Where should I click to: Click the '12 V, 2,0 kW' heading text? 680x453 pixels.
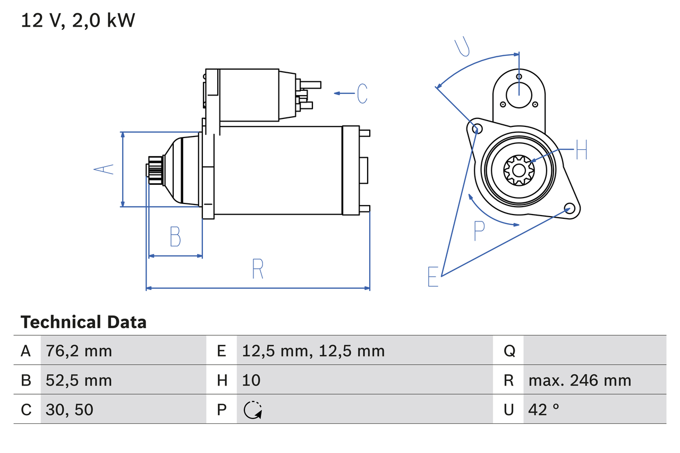pyautogui.click(x=78, y=21)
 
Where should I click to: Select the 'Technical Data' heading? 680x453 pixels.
pyautogui.click(x=83, y=322)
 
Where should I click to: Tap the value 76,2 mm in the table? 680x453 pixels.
pyautogui.click(x=79, y=351)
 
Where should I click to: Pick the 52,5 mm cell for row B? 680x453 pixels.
pyautogui.click(x=79, y=380)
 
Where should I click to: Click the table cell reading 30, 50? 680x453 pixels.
pyautogui.click(x=70, y=409)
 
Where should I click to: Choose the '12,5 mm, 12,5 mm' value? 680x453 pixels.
pyautogui.click(x=313, y=351)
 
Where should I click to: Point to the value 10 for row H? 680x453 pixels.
pyautogui.click(x=251, y=380)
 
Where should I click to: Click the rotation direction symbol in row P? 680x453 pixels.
pyautogui.click(x=253, y=410)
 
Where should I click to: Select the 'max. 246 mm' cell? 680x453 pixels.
pyautogui.click(x=580, y=380)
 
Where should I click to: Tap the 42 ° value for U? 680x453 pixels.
pyautogui.click(x=544, y=409)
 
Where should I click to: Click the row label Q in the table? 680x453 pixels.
pyautogui.click(x=509, y=351)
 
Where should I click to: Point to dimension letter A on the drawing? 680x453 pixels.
pyautogui.click(x=104, y=169)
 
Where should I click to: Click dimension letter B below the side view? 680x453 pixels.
pyautogui.click(x=175, y=237)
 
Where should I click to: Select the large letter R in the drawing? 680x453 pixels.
pyautogui.click(x=258, y=269)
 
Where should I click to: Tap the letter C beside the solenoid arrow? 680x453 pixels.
pyautogui.click(x=362, y=93)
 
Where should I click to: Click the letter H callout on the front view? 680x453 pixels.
pyautogui.click(x=581, y=150)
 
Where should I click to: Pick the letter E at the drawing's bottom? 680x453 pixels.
pyautogui.click(x=433, y=277)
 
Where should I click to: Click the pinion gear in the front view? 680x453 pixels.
pyautogui.click(x=518, y=170)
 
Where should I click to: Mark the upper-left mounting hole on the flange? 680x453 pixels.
pyautogui.click(x=477, y=129)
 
